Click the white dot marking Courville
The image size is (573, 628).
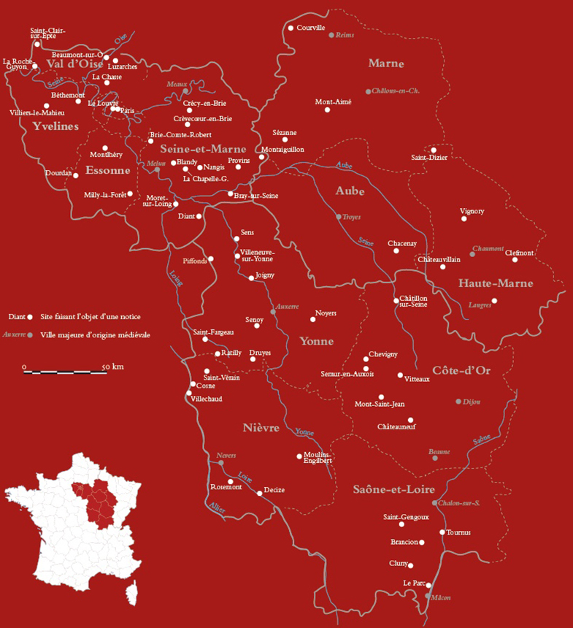[x=291, y=28]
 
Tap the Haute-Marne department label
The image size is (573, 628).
[x=495, y=283]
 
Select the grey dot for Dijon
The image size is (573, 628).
[x=458, y=402]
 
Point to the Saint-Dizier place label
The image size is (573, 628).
[x=429, y=157]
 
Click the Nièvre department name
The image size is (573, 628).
[x=261, y=428]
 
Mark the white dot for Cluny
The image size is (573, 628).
[x=411, y=565]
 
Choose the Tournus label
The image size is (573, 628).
[x=458, y=532]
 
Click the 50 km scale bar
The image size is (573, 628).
[x=65, y=372]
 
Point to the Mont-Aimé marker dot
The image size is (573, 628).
[x=327, y=110]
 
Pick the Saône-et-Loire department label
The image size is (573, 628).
[x=393, y=489]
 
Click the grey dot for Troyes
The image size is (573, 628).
[x=338, y=216]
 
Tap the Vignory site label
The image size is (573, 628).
[x=472, y=211]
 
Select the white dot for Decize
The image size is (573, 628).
[x=259, y=494]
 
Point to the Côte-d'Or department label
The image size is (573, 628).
[x=461, y=371]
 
